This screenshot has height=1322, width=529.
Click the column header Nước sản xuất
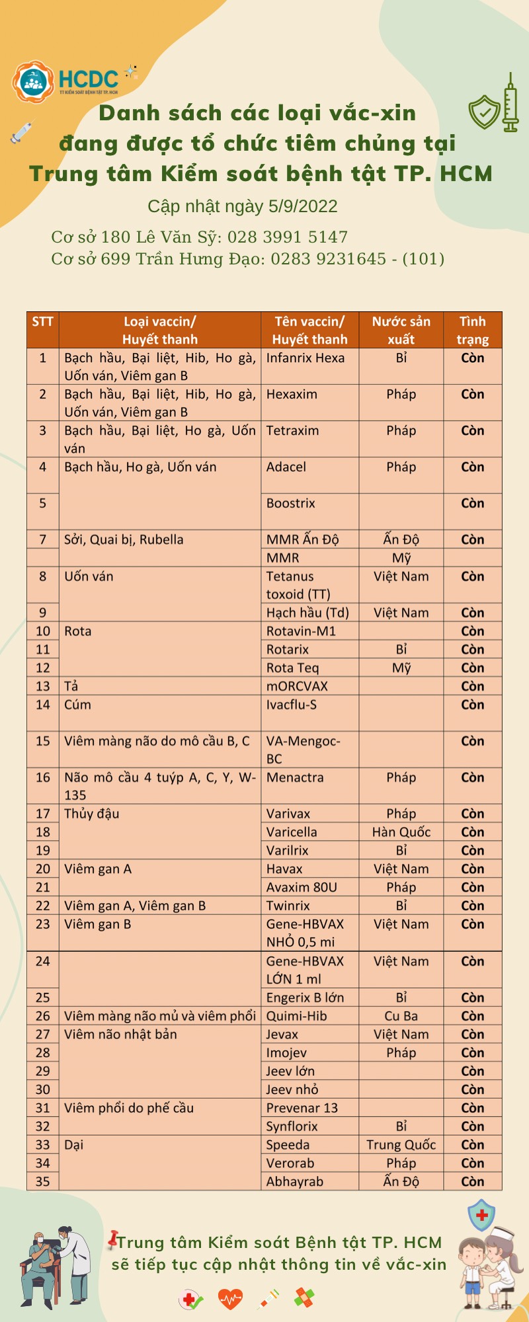(401, 330)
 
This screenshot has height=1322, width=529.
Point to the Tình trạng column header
(472, 330)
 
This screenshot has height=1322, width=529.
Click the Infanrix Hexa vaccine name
(305, 358)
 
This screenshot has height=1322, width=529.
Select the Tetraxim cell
(292, 431)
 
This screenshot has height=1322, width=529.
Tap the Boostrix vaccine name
(290, 504)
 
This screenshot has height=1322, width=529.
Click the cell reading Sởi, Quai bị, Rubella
(124, 540)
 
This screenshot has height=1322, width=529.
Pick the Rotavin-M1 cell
(301, 631)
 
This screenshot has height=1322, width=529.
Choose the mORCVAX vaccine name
(297, 686)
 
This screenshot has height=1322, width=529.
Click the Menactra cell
(295, 778)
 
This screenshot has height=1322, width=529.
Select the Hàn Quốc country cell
(401, 832)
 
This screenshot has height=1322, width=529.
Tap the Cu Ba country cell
(401, 1016)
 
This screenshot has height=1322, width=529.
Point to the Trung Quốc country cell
(401, 1145)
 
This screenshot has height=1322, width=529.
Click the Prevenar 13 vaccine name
(302, 1108)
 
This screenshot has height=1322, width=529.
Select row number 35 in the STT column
(43, 1181)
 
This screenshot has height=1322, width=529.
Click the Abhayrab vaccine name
(294, 1181)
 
